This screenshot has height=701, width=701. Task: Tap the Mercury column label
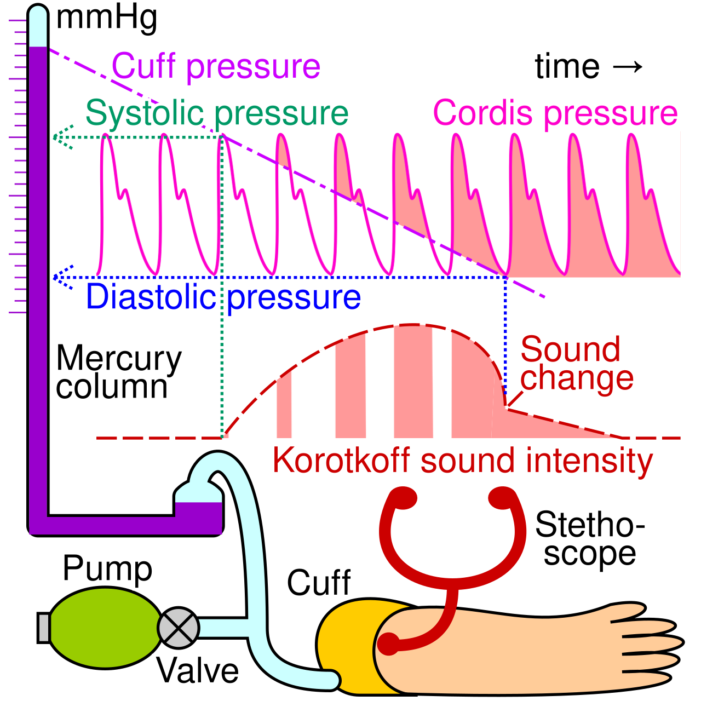tap(119, 372)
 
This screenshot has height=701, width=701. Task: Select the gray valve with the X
tap(178, 628)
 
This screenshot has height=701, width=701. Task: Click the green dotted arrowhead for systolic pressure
tap(62, 137)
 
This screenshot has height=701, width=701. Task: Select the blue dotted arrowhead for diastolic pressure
tap(62, 278)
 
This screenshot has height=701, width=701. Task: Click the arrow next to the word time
tap(628, 67)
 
